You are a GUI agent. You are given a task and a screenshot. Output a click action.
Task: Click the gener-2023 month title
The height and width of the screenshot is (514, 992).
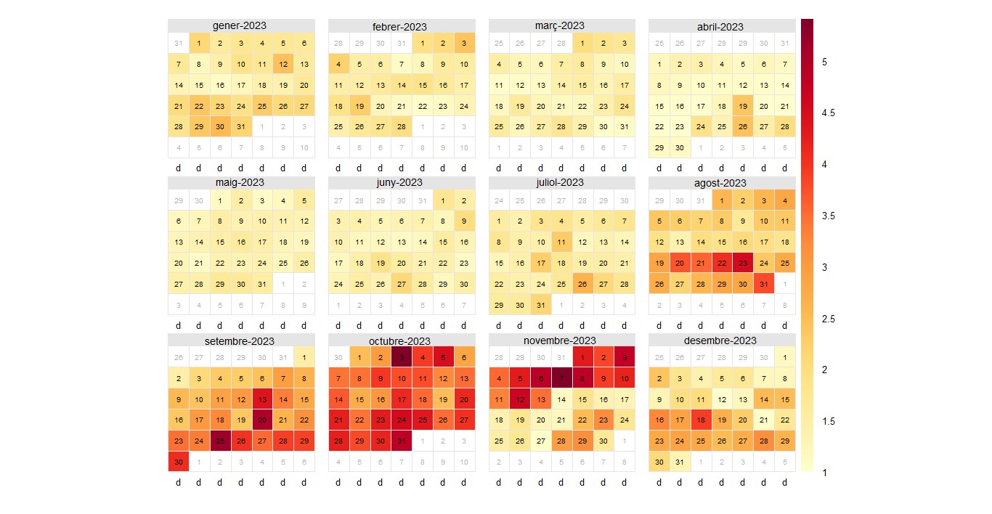point(240,25)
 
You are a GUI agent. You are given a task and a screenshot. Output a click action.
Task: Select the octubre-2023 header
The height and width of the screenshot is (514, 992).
point(400,340)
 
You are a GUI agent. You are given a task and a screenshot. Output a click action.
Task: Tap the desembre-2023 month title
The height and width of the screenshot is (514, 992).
point(720,340)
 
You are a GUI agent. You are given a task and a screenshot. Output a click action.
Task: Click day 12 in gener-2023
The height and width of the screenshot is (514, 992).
point(283,64)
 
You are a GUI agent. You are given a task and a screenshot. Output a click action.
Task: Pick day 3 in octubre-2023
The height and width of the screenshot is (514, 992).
point(400,357)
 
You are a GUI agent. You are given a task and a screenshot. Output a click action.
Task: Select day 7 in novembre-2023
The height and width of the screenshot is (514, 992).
point(561,378)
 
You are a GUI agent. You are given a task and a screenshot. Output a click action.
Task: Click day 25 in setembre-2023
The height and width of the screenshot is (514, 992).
point(220,441)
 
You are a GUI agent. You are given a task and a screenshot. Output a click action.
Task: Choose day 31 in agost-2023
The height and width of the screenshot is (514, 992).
point(763,283)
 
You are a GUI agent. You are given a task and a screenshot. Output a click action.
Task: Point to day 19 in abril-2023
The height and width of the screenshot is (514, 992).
point(742,106)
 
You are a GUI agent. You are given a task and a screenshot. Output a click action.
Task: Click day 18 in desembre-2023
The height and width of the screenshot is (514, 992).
point(700,420)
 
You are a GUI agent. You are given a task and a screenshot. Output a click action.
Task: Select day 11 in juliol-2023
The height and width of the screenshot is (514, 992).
point(561,242)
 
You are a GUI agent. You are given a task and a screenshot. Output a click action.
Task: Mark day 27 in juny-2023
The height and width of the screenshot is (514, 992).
point(400,283)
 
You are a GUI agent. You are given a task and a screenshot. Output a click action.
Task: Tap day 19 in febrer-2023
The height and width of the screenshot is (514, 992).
point(359,106)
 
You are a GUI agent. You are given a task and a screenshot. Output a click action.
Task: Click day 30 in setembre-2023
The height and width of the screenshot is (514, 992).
point(178,462)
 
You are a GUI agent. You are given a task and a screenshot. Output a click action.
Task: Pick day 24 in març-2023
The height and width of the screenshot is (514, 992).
point(624,106)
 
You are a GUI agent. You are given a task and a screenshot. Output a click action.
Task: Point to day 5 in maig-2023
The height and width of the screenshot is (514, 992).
point(304,200)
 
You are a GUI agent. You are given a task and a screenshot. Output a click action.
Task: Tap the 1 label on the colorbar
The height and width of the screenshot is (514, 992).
point(824,473)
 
